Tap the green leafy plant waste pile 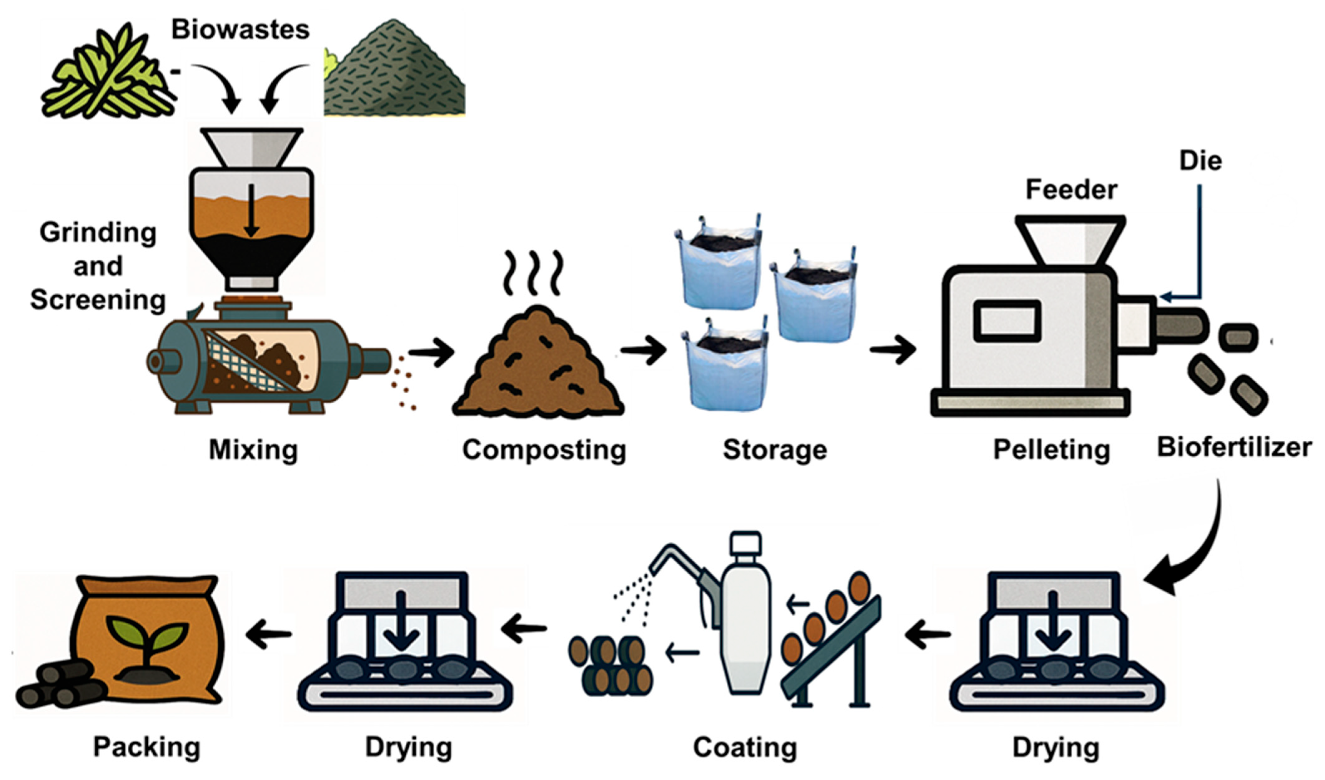pyautogui.click(x=108, y=74)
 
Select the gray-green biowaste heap pyautogui.click(x=394, y=74)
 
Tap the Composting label pyautogui.click(x=544, y=450)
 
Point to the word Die pyautogui.click(x=1200, y=161)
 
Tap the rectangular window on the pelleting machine pyautogui.click(x=1007, y=321)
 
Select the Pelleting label pyautogui.click(x=1051, y=450)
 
